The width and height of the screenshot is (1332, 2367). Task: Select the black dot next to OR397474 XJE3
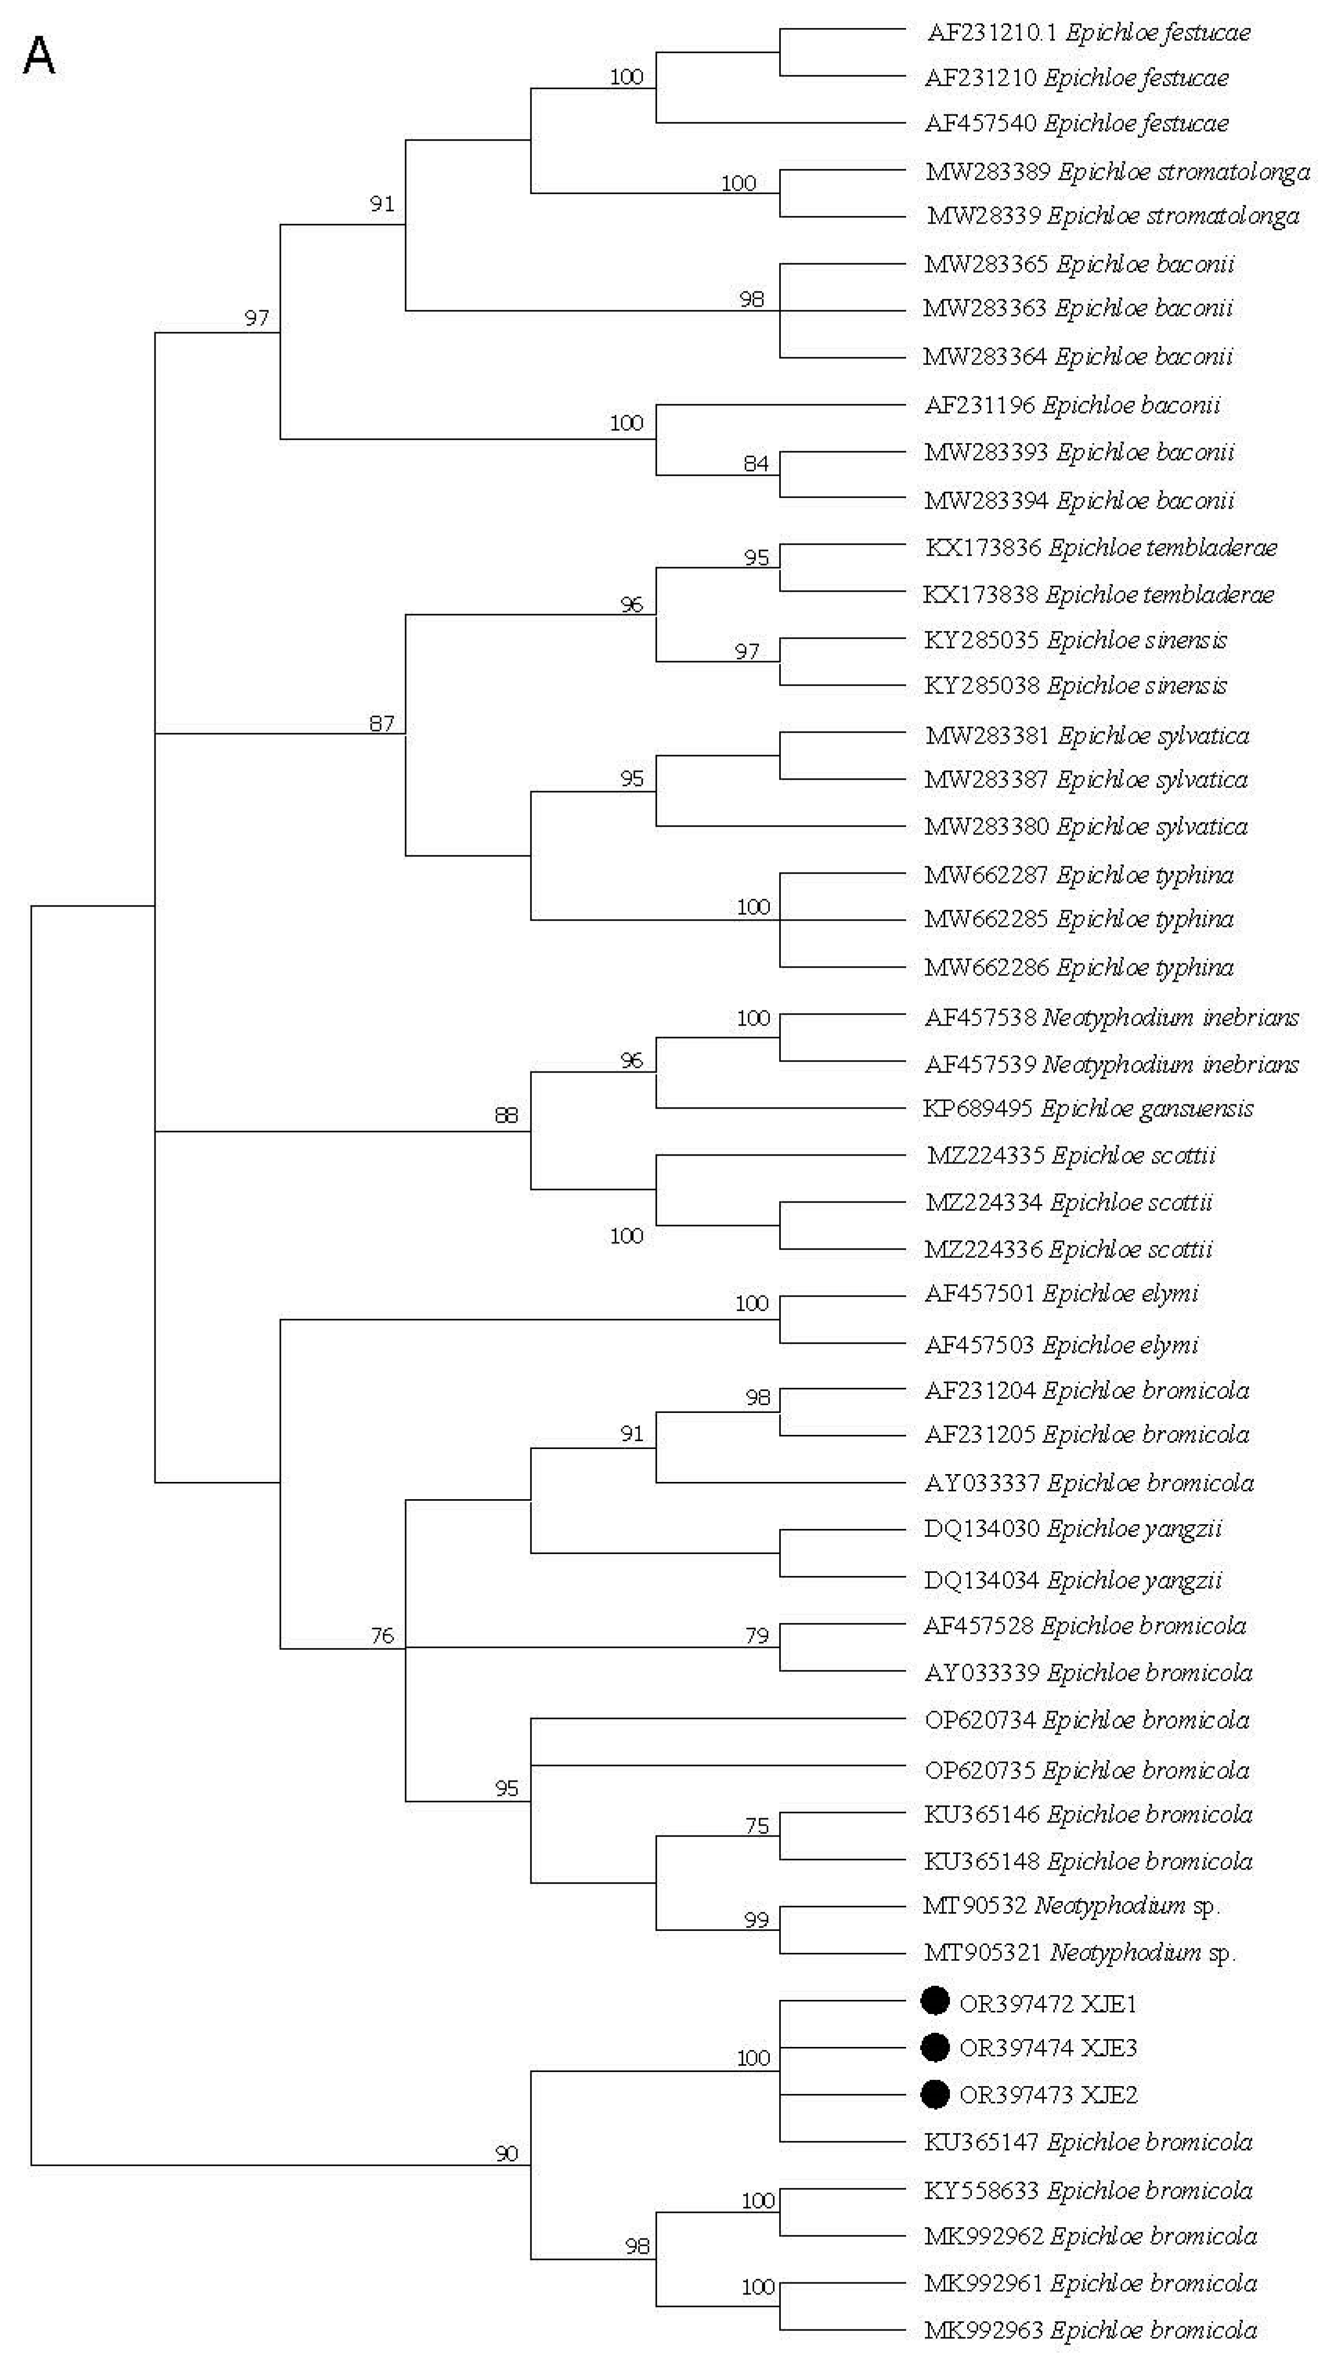934,2047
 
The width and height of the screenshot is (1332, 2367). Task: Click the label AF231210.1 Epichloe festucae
1089,33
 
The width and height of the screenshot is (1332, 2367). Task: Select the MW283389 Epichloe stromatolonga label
1117,172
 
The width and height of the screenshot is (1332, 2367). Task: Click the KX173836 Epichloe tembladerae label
1100,548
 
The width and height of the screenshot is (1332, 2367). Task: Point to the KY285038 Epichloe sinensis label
1075,686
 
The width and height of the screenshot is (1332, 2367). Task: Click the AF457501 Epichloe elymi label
1061,1294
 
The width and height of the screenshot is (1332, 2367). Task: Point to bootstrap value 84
756,464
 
